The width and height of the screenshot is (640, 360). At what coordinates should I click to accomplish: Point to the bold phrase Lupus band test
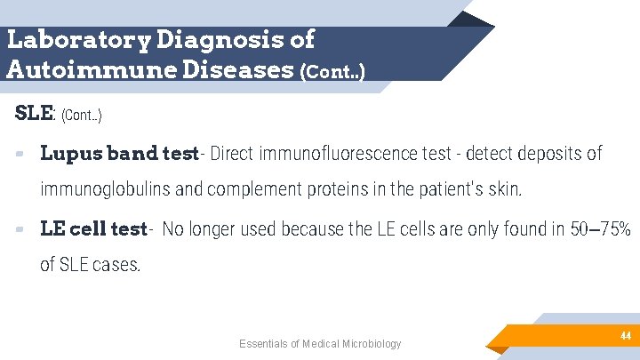[x=119, y=154]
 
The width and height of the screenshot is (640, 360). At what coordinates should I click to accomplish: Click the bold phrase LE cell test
[x=93, y=229]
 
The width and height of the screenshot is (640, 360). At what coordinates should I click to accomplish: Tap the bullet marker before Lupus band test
[x=20, y=155]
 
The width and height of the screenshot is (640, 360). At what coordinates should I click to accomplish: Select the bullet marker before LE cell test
[x=20, y=230]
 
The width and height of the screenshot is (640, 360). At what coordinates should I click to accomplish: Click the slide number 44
[x=625, y=336]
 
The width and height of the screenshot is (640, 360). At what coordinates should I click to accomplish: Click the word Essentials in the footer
[x=264, y=344]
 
